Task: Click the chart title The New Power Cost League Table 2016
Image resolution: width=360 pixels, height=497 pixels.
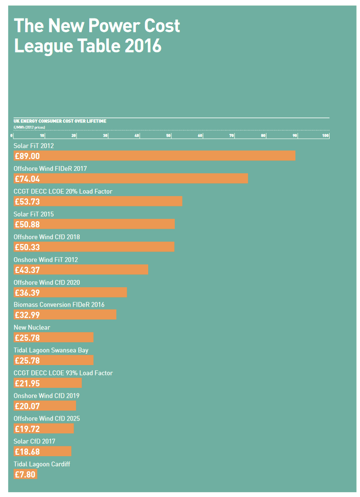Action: [x=97, y=36]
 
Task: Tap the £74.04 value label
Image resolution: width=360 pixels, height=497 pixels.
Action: [x=27, y=179]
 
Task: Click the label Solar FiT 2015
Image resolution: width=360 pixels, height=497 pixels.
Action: [x=33, y=214]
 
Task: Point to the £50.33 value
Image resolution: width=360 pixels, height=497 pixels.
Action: [x=27, y=247]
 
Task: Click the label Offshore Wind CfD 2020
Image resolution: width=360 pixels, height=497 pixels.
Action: [x=47, y=282]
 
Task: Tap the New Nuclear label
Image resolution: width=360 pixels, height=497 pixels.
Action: [x=32, y=328]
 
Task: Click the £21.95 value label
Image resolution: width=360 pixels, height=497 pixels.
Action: [x=27, y=384]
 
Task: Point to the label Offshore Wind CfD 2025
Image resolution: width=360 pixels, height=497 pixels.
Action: [x=47, y=419]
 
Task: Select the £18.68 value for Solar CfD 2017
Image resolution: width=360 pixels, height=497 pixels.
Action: [x=27, y=451]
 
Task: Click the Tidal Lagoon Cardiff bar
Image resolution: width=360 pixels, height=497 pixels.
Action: [x=26, y=474]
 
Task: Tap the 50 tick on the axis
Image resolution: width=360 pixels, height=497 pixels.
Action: [x=169, y=136]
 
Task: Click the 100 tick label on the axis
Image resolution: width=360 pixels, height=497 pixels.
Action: [x=325, y=136]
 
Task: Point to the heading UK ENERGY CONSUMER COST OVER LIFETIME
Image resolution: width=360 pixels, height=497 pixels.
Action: [x=60, y=122]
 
